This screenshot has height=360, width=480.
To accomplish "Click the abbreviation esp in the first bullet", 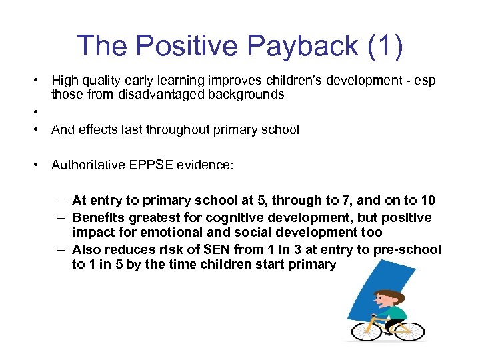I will tap(424, 80).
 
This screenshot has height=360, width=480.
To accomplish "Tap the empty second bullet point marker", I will tap(32, 112).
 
